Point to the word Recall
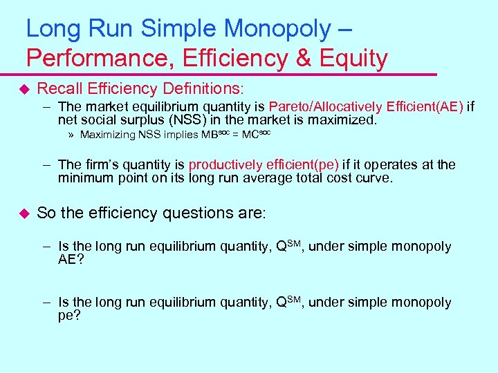[x=61, y=88]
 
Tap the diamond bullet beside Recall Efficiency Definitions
[x=25, y=89]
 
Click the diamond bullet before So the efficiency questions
[x=25, y=213]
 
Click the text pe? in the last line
[x=69, y=315]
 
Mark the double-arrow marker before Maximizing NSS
[x=72, y=135]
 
